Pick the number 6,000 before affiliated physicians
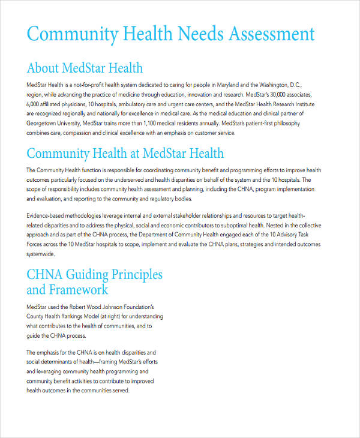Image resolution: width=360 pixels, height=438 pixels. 34,104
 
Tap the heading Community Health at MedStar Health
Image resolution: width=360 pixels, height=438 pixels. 125,153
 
